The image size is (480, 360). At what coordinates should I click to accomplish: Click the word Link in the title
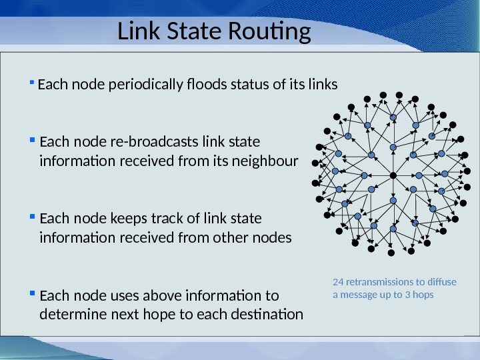[x=138, y=31]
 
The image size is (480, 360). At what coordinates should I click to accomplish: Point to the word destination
[x=270, y=314]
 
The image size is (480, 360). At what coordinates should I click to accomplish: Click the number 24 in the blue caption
[x=337, y=282]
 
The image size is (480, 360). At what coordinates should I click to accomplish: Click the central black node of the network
[x=393, y=175]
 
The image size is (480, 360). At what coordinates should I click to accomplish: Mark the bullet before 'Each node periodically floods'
[x=32, y=83]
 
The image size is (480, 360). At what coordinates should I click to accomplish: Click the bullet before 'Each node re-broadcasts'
[x=32, y=141]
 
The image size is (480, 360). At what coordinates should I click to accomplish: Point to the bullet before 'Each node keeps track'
[x=32, y=217]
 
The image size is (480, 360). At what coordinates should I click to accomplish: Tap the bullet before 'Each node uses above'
[x=32, y=294]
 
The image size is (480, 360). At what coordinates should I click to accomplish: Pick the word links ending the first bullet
[x=324, y=85]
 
